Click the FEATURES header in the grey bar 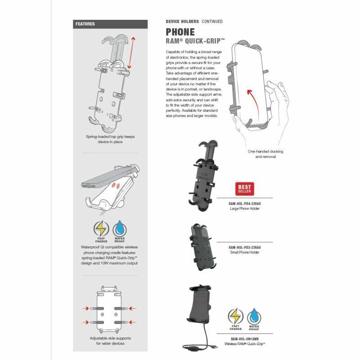[x=85, y=24]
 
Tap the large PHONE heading [x=180, y=32]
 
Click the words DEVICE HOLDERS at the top [x=182, y=21]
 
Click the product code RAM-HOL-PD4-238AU [x=244, y=203]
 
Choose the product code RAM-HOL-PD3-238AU [x=244, y=247]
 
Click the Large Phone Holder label [x=244, y=208]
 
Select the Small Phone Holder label [x=244, y=252]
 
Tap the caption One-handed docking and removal [x=265, y=154]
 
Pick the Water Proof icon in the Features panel [x=120, y=230]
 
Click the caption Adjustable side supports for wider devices [x=110, y=341]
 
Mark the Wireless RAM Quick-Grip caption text [x=244, y=344]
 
